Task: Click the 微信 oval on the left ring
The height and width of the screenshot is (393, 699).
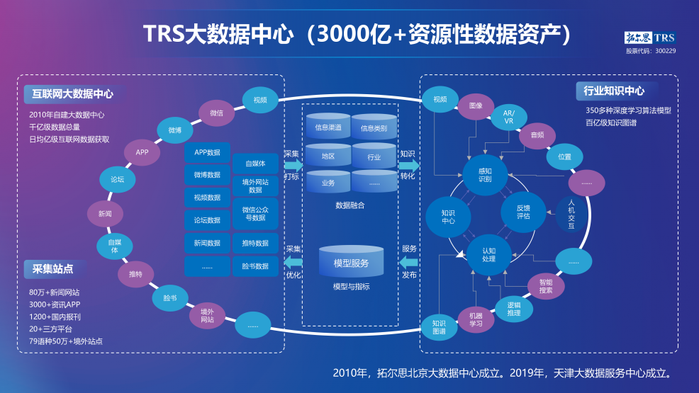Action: coord(217,113)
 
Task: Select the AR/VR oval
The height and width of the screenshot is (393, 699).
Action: coord(509,117)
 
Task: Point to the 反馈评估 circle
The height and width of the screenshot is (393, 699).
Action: coord(523,212)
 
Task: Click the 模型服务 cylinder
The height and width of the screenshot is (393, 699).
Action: coord(351,263)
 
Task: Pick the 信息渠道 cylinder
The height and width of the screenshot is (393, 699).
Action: coord(328,127)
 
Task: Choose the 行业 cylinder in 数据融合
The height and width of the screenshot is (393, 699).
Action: coord(374,157)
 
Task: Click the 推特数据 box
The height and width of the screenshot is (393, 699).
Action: coord(255,243)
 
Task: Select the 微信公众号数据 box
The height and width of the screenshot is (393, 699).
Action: coord(255,213)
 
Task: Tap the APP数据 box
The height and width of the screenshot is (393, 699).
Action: coord(207,152)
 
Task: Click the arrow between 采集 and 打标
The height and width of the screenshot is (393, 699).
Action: coord(293,165)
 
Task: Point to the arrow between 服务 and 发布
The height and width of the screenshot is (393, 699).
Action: coord(410,261)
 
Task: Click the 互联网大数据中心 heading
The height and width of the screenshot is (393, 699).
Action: coord(73,93)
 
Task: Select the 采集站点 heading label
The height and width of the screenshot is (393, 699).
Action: coord(53,268)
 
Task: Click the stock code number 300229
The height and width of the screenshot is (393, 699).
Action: coord(665,51)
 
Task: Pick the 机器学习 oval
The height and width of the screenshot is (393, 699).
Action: coord(476,319)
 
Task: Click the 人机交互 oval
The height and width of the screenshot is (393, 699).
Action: coord(571,213)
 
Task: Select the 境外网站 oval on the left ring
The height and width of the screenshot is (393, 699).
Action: coord(207,315)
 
